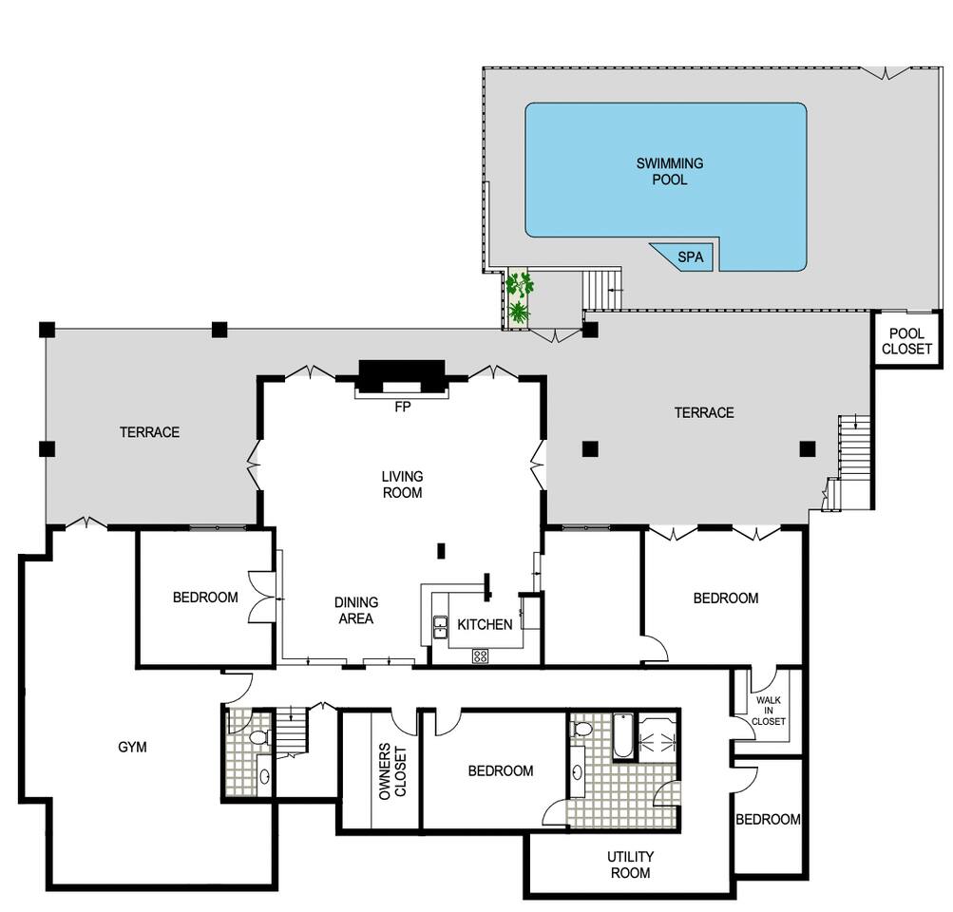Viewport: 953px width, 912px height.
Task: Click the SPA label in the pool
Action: [x=691, y=257]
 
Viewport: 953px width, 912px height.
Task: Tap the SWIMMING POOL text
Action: [x=670, y=171]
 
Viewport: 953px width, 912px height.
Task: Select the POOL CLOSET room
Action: [x=906, y=339]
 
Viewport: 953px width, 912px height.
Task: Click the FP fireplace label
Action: [x=402, y=408]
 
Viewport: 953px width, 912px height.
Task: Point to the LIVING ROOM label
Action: [x=402, y=484]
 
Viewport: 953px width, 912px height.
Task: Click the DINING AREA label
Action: [x=356, y=610]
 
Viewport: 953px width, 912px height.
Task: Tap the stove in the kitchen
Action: [x=480, y=655]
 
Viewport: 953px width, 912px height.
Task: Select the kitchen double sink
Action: [x=439, y=628]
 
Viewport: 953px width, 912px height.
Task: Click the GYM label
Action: [x=132, y=747]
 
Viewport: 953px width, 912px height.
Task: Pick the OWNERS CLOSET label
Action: [x=392, y=771]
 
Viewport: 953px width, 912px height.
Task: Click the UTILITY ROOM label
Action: [x=630, y=864]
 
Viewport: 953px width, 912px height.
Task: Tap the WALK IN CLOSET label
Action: [x=769, y=711]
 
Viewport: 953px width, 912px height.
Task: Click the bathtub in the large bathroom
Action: [x=623, y=736]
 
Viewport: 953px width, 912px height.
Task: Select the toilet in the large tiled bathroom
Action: [x=581, y=728]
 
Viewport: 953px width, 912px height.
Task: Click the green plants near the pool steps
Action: [x=520, y=297]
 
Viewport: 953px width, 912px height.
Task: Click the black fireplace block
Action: [x=402, y=376]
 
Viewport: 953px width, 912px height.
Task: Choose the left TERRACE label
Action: [x=149, y=432]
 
